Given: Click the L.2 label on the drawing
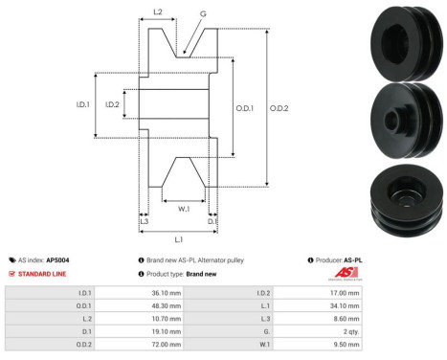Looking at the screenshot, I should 157,12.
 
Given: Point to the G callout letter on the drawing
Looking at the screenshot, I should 202,15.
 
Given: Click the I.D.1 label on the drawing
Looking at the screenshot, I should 83,104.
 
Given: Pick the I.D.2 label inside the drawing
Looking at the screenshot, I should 112,104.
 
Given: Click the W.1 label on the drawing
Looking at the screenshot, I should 184,206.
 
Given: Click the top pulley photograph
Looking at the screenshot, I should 407,38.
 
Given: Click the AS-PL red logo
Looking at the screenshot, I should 349,274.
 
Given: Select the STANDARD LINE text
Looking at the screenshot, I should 44,273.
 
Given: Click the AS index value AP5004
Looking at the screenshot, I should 58,259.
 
